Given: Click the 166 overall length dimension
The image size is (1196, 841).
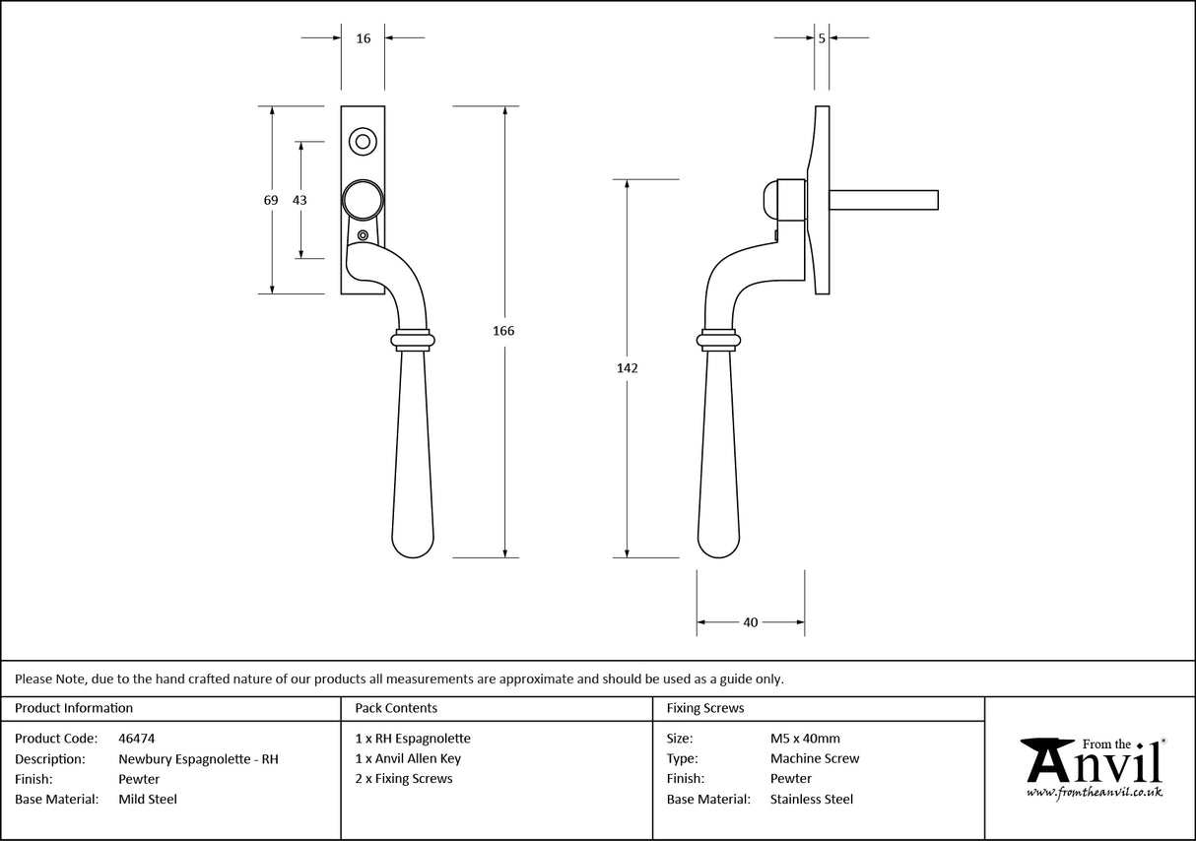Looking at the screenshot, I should pyautogui.click(x=503, y=331).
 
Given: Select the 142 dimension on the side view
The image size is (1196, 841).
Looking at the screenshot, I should pyautogui.click(x=628, y=368).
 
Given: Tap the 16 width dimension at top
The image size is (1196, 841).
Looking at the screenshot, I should pyautogui.click(x=364, y=38).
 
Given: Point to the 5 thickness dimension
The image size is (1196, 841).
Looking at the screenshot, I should pyautogui.click(x=822, y=38).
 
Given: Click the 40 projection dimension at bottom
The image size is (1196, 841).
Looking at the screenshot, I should pyautogui.click(x=750, y=622).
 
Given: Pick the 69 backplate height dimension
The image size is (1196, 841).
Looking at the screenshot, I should pyautogui.click(x=271, y=200).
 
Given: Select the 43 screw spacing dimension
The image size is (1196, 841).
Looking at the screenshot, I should pyautogui.click(x=299, y=200).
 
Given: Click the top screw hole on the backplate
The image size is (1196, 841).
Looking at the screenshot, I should pyautogui.click(x=363, y=142).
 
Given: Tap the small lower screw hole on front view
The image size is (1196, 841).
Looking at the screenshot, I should pyautogui.click(x=364, y=235).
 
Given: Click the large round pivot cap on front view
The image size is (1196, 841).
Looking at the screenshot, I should pyautogui.click(x=362, y=200).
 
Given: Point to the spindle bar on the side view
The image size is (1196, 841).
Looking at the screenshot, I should pyautogui.click(x=883, y=200).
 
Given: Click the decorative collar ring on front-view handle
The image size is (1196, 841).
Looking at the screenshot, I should pyautogui.click(x=412, y=340).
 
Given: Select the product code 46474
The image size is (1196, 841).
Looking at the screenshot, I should pyautogui.click(x=136, y=738).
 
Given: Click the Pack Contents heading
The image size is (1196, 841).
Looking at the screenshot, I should pyautogui.click(x=396, y=708).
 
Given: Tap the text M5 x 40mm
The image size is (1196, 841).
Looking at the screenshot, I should pyautogui.click(x=805, y=738).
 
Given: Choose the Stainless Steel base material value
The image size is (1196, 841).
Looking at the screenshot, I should pyautogui.click(x=812, y=800).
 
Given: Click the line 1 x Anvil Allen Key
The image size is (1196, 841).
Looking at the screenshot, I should pyautogui.click(x=408, y=758).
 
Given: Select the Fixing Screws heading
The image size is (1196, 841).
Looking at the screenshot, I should pyautogui.click(x=705, y=708).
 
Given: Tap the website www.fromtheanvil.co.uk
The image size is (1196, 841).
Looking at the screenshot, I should pyautogui.click(x=1094, y=792).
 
